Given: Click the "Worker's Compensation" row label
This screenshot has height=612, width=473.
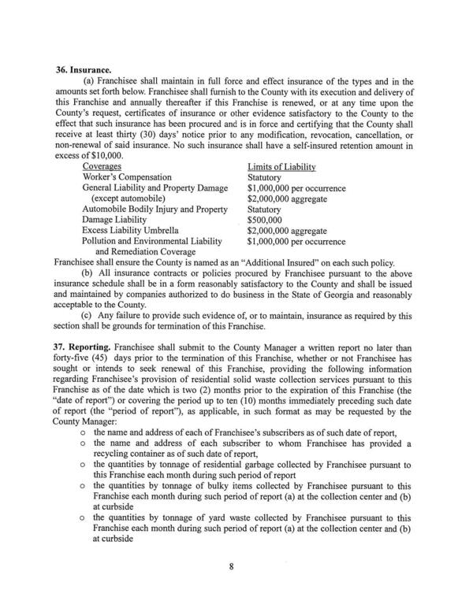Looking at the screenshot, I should click(x=127, y=178).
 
